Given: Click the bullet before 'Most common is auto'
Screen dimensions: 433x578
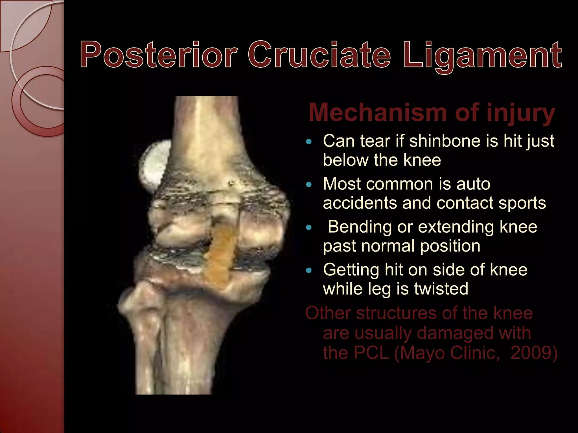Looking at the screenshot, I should (x=309, y=185).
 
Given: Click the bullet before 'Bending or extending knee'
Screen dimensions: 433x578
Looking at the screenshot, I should (x=309, y=227).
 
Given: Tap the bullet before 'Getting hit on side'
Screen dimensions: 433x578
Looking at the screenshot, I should (x=309, y=271).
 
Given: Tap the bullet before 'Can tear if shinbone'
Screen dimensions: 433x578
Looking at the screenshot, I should (x=309, y=142).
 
